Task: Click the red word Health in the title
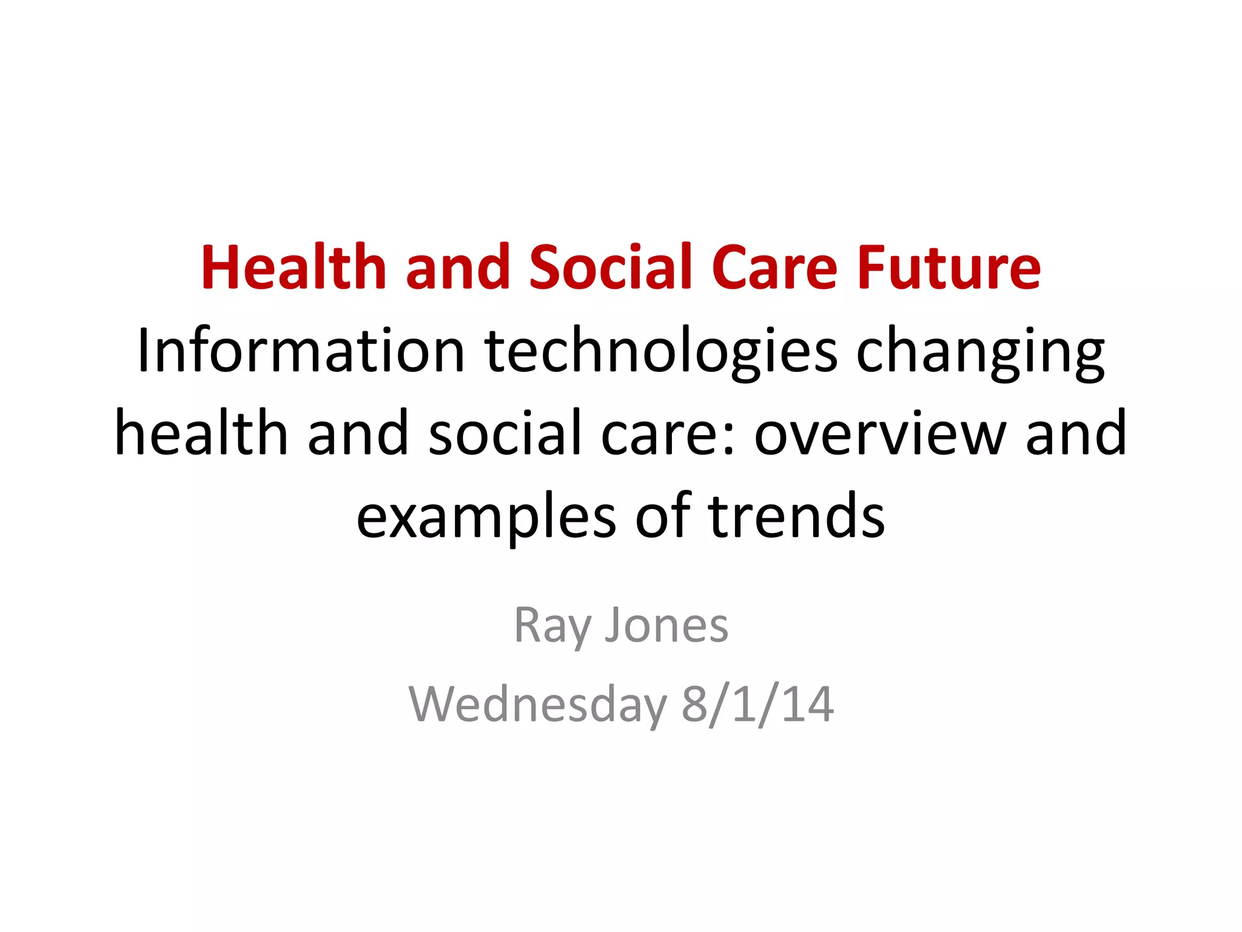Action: tap(294, 268)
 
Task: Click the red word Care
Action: tap(774, 268)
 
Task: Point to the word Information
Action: tap(301, 351)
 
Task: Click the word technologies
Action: tap(661, 351)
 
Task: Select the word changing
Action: tap(980, 351)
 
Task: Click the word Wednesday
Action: tap(537, 705)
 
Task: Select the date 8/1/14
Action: tap(757, 705)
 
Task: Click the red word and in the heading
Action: tap(458, 268)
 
